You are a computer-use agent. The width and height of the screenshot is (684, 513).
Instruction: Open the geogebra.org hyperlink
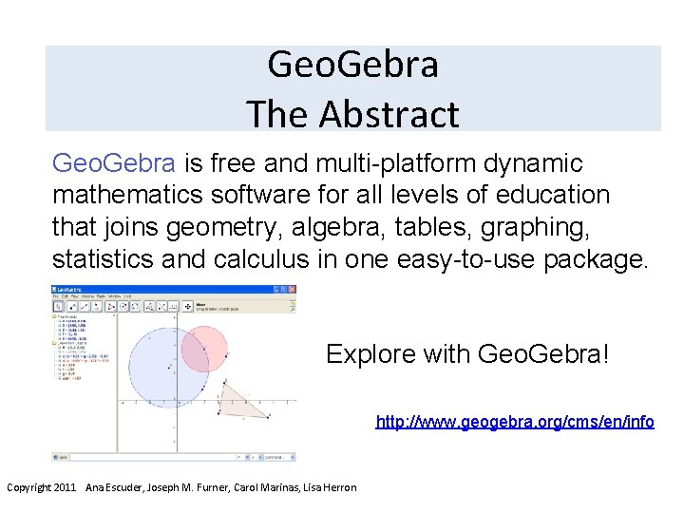point(515,421)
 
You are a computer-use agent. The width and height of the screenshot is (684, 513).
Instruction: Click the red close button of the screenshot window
point(292,285)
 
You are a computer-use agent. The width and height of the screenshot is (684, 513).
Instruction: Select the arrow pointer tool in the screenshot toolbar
point(59,306)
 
